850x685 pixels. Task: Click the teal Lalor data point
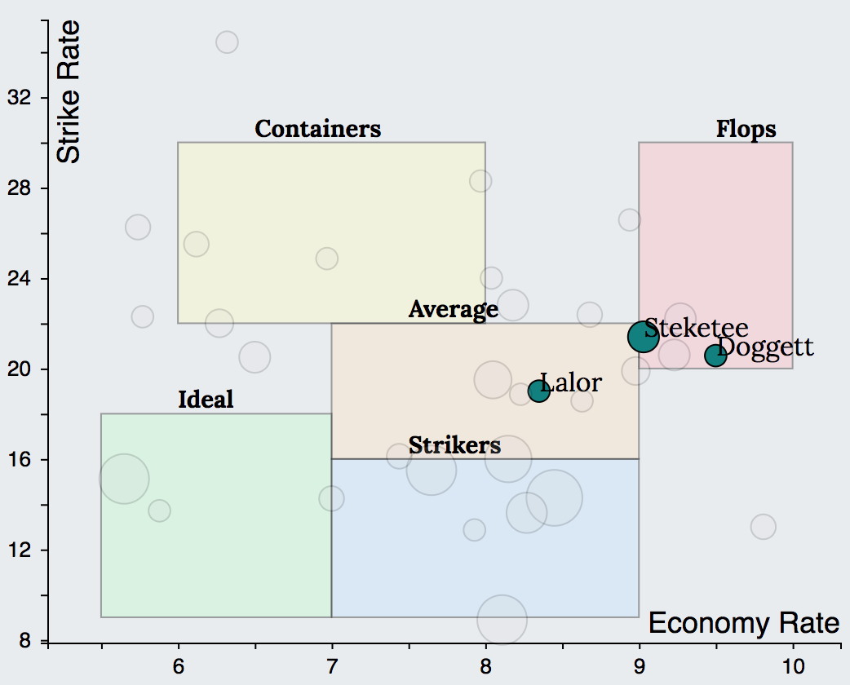(538, 391)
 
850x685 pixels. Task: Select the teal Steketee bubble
(643, 336)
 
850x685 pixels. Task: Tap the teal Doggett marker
(715, 355)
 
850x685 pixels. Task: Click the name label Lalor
(571, 382)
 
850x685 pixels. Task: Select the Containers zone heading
(318, 129)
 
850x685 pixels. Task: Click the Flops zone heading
(746, 129)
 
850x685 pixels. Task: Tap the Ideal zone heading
(206, 400)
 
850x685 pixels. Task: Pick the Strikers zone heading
(454, 446)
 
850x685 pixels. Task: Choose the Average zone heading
(453, 310)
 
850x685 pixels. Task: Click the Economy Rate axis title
(743, 624)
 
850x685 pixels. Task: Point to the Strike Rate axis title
(70, 91)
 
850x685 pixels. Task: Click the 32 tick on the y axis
(19, 98)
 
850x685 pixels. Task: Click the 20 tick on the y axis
(19, 369)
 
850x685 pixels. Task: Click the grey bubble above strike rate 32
(227, 42)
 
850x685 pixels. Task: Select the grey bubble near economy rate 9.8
(763, 527)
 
